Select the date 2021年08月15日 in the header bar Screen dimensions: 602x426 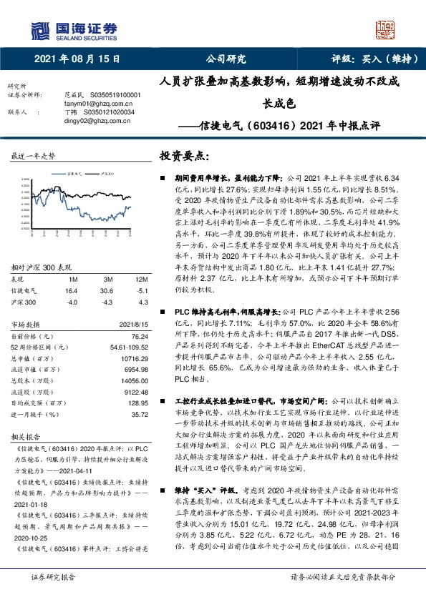pyautogui.click(x=77, y=59)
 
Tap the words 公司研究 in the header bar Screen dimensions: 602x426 pyautogui.click(x=226, y=59)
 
